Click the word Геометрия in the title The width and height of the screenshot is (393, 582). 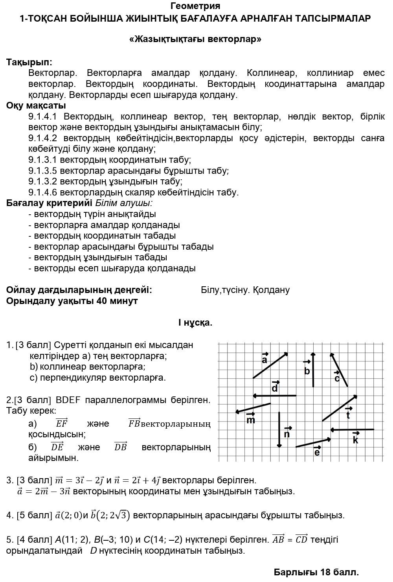click(195, 6)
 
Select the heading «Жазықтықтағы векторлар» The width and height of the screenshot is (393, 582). click(195, 39)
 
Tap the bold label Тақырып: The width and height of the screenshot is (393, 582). click(29, 62)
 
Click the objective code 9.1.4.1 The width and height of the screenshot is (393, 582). click(43, 117)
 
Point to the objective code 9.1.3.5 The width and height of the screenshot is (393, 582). click(43, 171)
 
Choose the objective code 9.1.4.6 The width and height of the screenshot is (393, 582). click(43, 192)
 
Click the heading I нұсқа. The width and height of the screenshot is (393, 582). click(195, 323)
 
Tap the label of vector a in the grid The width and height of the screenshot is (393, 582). click(264, 359)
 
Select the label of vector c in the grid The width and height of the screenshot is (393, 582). click(337, 378)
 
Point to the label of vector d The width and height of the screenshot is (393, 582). click(275, 387)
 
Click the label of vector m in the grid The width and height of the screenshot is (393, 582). click(251, 419)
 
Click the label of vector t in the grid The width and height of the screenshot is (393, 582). click(348, 414)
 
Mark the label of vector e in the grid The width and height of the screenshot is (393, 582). click(317, 451)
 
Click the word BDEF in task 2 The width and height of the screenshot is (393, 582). click(68, 400)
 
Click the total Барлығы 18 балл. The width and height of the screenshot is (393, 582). click(316, 572)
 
